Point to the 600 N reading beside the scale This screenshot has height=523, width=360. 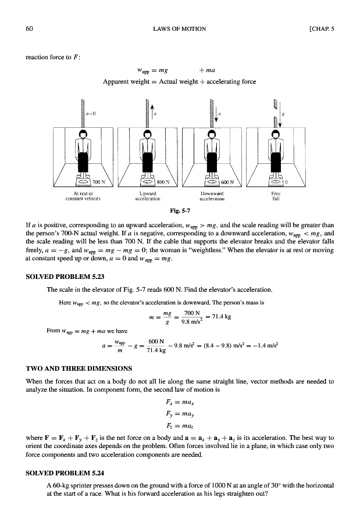(x=227, y=181)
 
